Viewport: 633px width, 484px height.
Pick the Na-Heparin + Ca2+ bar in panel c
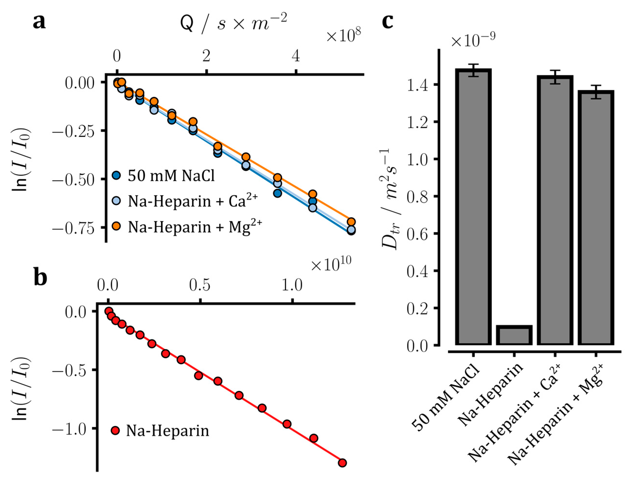[x=555, y=210]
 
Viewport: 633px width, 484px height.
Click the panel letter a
[x=39, y=22]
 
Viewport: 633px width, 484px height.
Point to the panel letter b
[x=40, y=277]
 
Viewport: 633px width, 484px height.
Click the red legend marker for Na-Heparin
[x=115, y=431]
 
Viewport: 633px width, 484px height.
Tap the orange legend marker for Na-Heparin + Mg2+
[x=116, y=227]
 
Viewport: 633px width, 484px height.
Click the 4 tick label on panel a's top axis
[x=296, y=56]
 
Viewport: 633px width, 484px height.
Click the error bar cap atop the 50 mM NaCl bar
[x=473, y=64]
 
